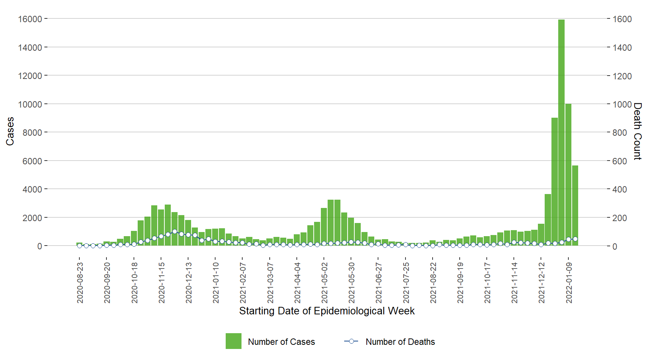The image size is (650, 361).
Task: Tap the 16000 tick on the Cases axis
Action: tap(30, 19)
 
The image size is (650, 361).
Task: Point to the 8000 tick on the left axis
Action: tap(32, 133)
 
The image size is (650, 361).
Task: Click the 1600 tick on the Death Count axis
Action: tap(622, 19)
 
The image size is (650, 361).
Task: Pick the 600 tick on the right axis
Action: tap(620, 161)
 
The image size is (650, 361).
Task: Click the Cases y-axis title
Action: tap(10, 131)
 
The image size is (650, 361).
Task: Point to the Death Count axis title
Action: tap(637, 131)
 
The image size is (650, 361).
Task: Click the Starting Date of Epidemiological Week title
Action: tap(327, 311)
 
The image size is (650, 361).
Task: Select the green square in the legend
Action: tap(234, 341)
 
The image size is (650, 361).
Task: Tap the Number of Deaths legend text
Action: tap(400, 342)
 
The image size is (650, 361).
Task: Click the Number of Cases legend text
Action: tap(281, 342)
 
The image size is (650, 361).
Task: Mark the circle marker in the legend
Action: tap(351, 341)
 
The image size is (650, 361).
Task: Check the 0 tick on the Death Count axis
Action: tap(615, 247)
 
